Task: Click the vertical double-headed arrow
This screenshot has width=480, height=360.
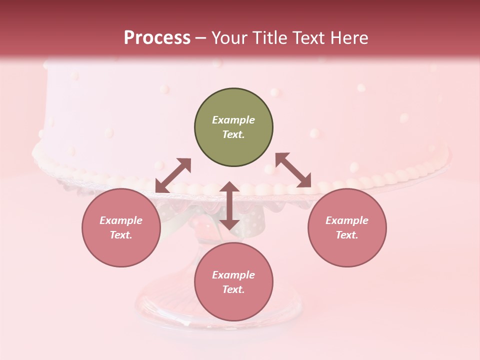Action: pyautogui.click(x=229, y=205)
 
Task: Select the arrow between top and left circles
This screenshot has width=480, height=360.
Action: pyautogui.click(x=173, y=175)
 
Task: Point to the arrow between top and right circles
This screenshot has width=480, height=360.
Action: pyautogui.click(x=293, y=170)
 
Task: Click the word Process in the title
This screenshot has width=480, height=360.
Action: pyautogui.click(x=157, y=37)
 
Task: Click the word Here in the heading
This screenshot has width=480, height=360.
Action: pyautogui.click(x=350, y=37)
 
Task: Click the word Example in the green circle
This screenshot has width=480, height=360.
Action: pyautogui.click(x=233, y=120)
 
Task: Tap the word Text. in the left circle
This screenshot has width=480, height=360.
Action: pyautogui.click(x=121, y=235)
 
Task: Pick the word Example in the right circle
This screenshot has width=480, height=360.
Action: pyautogui.click(x=347, y=220)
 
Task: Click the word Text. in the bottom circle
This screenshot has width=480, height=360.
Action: pyautogui.click(x=233, y=289)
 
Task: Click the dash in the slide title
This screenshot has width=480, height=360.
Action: pyautogui.click(x=201, y=38)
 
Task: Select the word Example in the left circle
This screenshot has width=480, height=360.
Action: pyautogui.click(x=121, y=220)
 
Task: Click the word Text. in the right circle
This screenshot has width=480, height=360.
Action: pyautogui.click(x=347, y=235)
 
